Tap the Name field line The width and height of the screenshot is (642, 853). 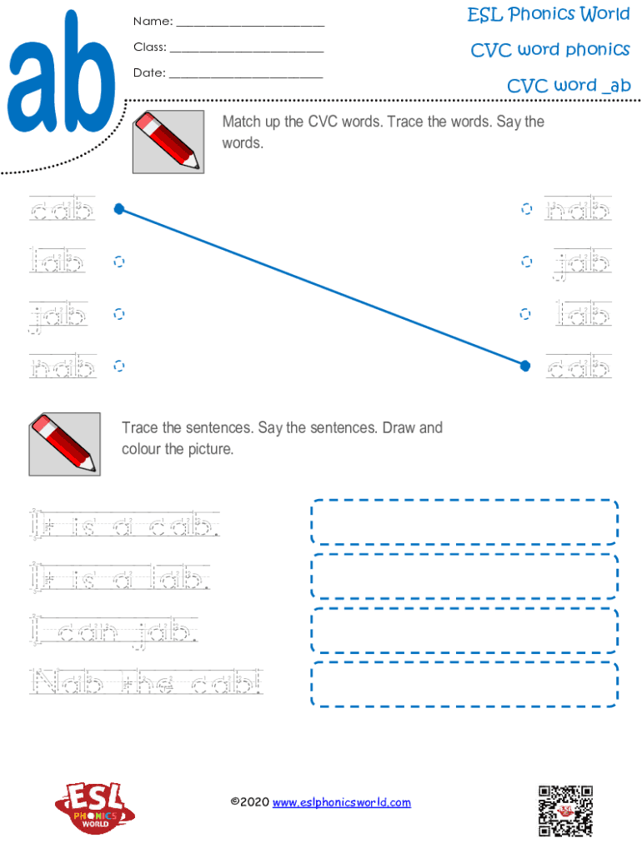pyautogui.click(x=250, y=26)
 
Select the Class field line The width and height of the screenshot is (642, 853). pyautogui.click(x=247, y=52)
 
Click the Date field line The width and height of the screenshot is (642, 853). pyautogui.click(x=246, y=77)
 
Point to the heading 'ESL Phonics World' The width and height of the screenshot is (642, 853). pyautogui.click(x=549, y=14)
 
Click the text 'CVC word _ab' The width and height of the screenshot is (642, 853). pyautogui.click(x=569, y=86)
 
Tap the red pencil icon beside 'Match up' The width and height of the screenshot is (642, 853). pyautogui.click(x=168, y=142)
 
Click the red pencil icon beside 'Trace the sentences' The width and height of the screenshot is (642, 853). pyautogui.click(x=65, y=444)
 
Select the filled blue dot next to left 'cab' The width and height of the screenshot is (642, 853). pyautogui.click(x=119, y=209)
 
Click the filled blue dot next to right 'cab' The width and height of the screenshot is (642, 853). pyautogui.click(x=525, y=366)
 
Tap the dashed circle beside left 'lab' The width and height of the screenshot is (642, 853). pyautogui.click(x=118, y=262)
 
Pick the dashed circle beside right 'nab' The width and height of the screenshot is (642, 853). pyautogui.click(x=527, y=209)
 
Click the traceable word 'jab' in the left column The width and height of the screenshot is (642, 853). pyautogui.click(x=58, y=316)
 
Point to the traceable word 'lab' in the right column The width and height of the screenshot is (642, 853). pyautogui.click(x=583, y=314)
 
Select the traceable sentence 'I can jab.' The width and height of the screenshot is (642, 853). pyautogui.click(x=113, y=632)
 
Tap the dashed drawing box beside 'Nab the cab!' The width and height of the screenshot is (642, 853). pyautogui.click(x=464, y=685)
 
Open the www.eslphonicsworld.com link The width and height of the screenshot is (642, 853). pyautogui.click(x=341, y=802)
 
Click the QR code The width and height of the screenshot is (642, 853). pyautogui.click(x=566, y=811)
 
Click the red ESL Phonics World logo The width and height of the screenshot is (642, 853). pyautogui.click(x=95, y=808)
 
